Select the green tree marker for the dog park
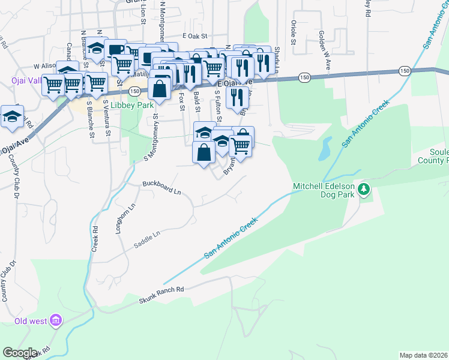(x=363, y=190)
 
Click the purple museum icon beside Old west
(x=56, y=321)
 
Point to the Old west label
(x=31, y=321)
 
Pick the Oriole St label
(x=294, y=32)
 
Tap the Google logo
(x=19, y=353)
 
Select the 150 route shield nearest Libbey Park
(x=134, y=91)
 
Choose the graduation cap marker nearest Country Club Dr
(x=12, y=118)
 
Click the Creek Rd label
(x=95, y=238)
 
